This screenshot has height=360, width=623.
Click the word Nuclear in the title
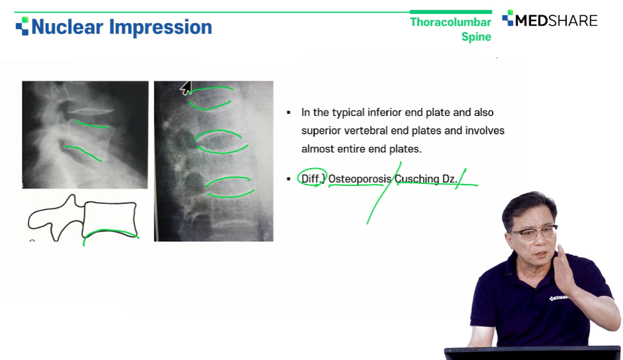coord(67,27)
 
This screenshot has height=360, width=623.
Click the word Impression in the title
coord(160,28)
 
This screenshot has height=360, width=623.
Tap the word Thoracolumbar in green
coord(451,22)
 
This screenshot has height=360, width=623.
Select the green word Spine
coord(476,36)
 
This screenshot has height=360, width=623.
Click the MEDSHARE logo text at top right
coord(556,21)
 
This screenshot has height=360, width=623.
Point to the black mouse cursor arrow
coord(185,88)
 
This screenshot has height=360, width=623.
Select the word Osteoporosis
coord(359,179)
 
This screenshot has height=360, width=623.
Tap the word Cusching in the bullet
coord(417,179)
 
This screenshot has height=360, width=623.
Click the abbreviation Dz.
coord(450,179)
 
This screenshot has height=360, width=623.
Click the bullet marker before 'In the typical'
coord(289,113)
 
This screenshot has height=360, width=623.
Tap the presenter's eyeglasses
coord(532,233)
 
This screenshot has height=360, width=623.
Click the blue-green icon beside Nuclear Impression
coord(23,26)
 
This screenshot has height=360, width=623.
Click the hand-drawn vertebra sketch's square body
coord(110,219)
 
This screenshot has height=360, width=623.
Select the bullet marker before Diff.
coord(289,179)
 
